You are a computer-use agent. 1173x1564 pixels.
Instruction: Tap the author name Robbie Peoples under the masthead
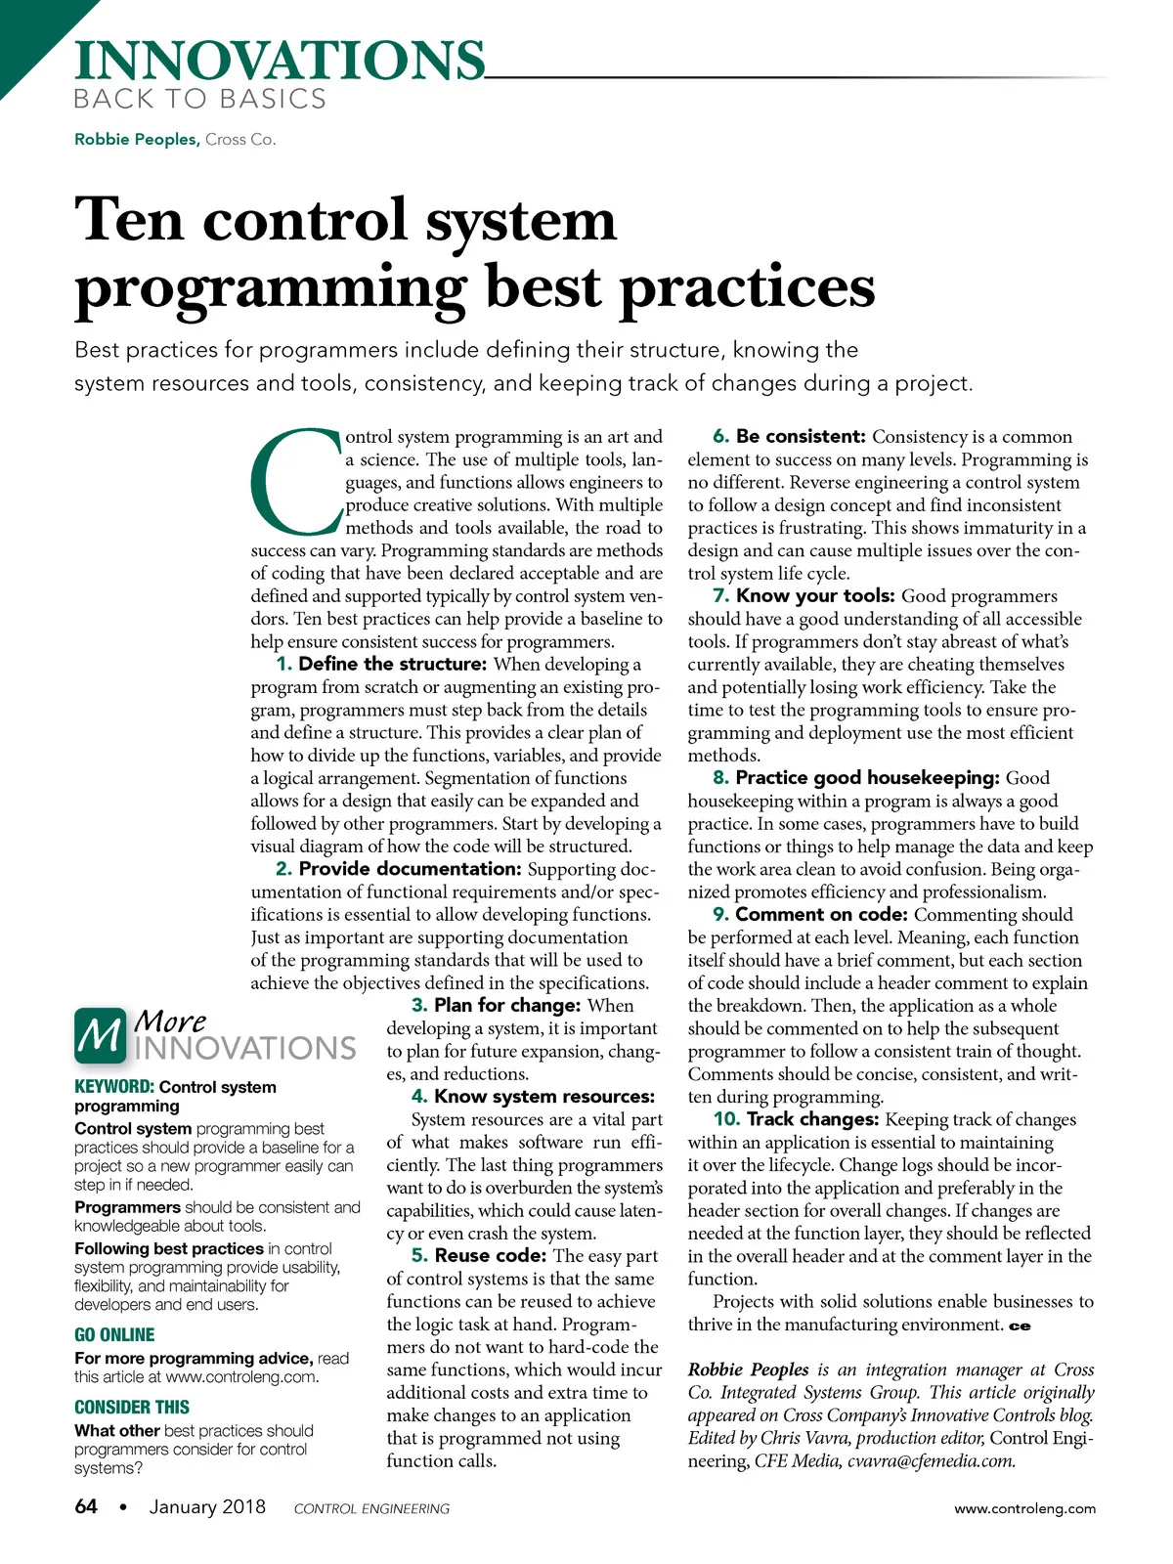point(136,140)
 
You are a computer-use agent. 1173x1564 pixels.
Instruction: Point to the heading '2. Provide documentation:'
point(398,869)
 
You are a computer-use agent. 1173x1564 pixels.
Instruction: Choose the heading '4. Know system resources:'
point(533,1097)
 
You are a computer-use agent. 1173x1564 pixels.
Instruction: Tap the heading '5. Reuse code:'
point(478,1256)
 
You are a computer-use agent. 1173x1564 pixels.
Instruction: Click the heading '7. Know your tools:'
point(804,596)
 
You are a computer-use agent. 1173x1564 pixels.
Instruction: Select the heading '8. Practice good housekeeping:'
point(856,778)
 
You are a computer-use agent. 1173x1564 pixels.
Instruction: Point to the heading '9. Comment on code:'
point(810,915)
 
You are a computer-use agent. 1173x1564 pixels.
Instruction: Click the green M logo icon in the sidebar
point(100,1036)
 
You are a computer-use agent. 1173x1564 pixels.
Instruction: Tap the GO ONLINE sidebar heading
point(114,1335)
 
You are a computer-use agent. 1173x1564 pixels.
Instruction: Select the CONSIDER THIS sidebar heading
point(132,1408)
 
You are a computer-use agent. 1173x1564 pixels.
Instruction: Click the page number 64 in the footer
point(86,1506)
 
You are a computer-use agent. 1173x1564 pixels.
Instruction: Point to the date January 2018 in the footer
point(207,1506)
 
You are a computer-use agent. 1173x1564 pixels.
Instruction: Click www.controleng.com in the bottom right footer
point(1024,1508)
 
